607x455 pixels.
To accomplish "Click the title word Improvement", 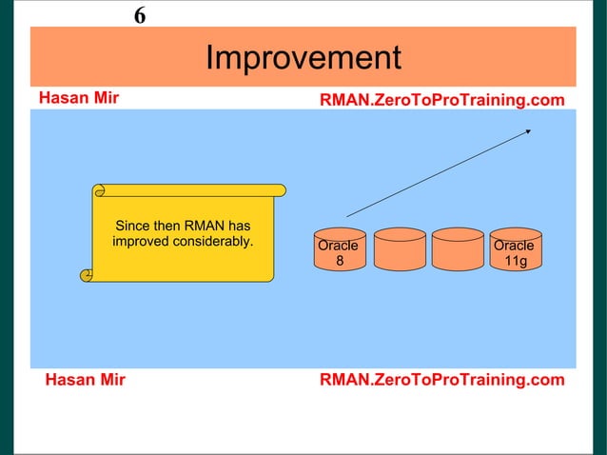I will coord(303,58).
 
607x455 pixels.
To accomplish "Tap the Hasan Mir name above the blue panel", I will coord(78,98).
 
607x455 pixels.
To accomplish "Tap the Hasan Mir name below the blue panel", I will coord(86,381).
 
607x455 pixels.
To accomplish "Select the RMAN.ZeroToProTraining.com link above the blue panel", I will coord(441,100).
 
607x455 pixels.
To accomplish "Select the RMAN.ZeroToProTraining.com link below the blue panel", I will coord(441,381).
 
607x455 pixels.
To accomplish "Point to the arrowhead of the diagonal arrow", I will coord(529,131).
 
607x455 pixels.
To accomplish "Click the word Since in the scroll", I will coord(132,226).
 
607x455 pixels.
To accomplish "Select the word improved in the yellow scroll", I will coord(142,241).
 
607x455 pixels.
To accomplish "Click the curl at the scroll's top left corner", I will coord(96,190).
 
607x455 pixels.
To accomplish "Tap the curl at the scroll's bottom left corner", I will coord(87,275).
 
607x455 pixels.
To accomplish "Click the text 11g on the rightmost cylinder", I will coord(516,261).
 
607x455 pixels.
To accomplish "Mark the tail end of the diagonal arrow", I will coord(348,216).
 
